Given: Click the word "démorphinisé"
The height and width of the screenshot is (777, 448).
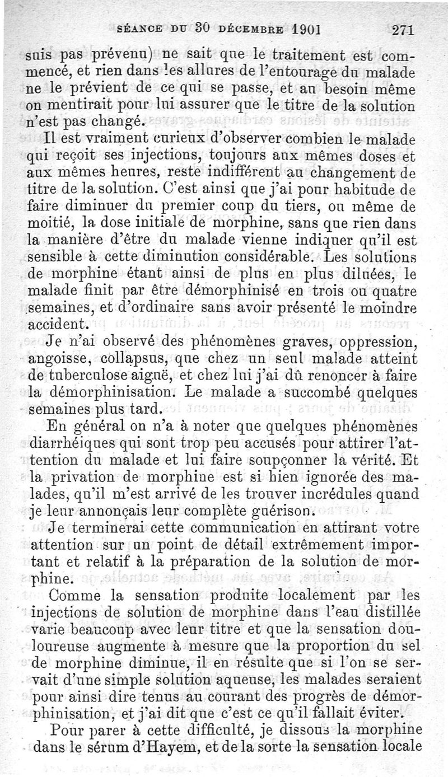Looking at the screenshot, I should click(242, 292).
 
